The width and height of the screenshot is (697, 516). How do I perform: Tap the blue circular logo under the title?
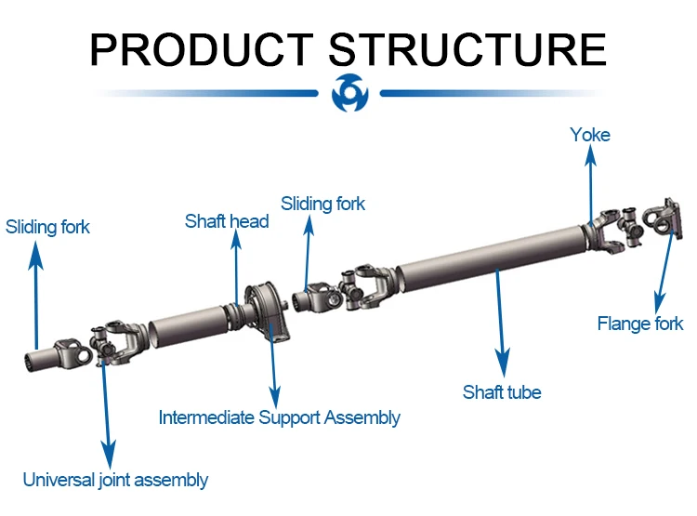click(x=349, y=93)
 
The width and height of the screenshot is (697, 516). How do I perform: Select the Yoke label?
click(x=590, y=135)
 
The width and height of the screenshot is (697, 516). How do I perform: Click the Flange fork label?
click(x=639, y=324)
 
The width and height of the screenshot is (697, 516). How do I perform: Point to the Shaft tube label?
click(x=502, y=392)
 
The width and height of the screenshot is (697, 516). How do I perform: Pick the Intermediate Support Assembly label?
click(x=279, y=417)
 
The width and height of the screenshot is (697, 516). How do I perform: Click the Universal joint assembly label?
click(x=115, y=480)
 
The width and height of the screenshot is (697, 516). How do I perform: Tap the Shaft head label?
click(x=227, y=221)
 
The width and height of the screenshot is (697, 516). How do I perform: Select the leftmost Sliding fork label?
click(x=47, y=227)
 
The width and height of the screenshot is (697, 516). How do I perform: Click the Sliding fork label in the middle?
click(x=322, y=204)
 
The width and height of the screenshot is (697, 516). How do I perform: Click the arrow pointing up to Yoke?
click(x=589, y=186)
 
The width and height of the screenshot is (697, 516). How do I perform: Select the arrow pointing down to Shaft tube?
click(x=501, y=321)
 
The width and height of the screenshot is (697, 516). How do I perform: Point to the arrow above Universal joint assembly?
click(x=107, y=409)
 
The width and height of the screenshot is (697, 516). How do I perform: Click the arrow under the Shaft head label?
click(x=235, y=270)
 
